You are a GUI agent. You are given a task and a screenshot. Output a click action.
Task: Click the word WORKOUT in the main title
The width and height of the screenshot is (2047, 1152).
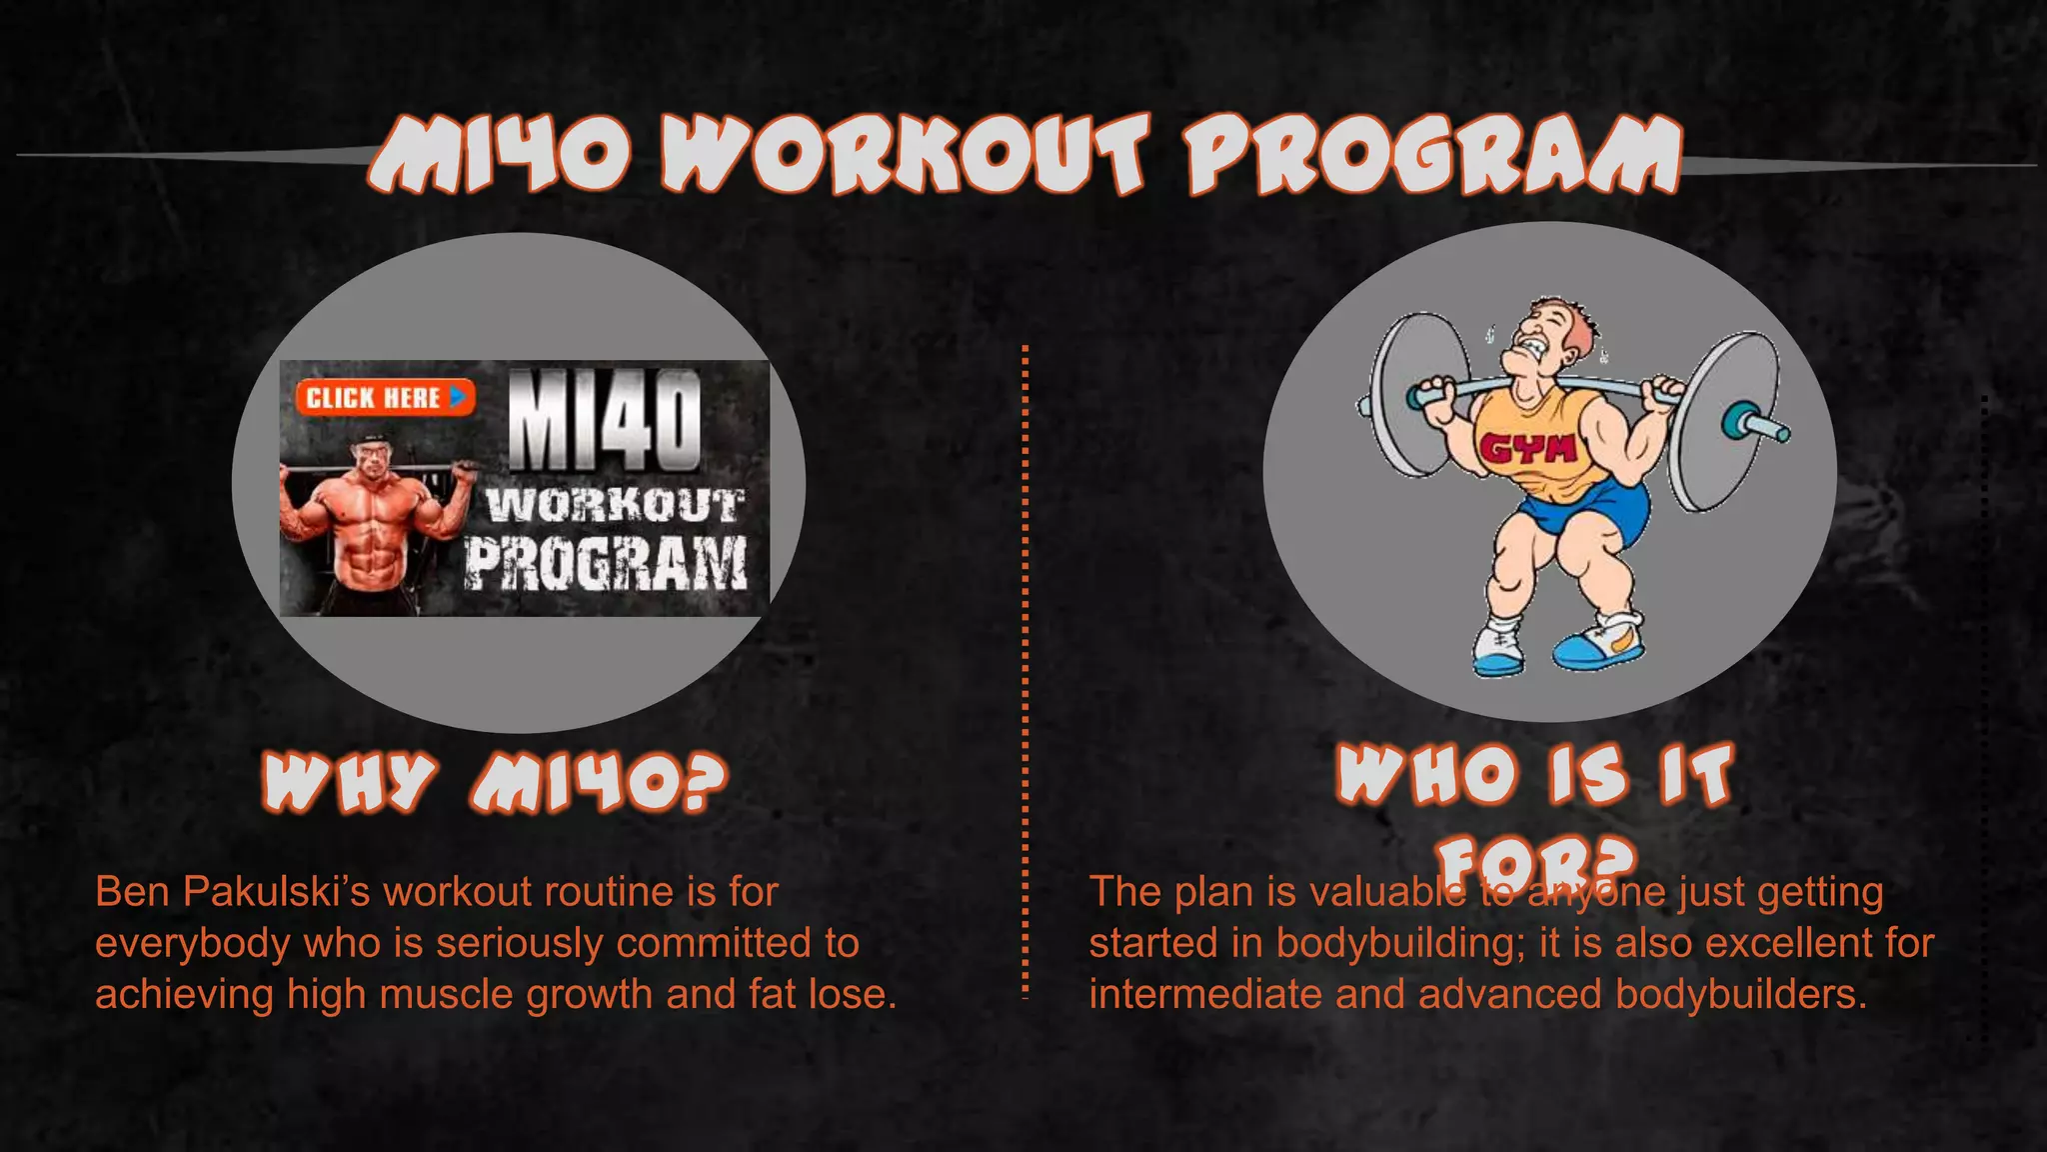(905, 155)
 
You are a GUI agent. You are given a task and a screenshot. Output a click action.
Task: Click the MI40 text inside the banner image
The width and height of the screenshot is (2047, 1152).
(605, 420)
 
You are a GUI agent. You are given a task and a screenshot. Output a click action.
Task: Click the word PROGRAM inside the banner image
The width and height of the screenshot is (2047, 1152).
(605, 562)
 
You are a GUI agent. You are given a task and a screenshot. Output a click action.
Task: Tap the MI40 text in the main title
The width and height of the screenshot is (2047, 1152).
(500, 155)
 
